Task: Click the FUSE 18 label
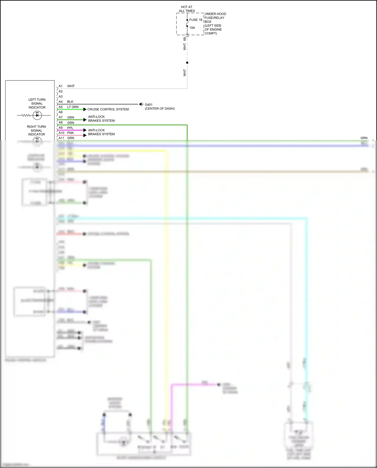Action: pyautogui.click(x=196, y=20)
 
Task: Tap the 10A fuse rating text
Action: pyautogui.click(x=192, y=28)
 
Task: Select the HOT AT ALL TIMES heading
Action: pyautogui.click(x=187, y=9)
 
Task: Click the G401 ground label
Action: pyautogui.click(x=149, y=105)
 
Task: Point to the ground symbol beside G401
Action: pyautogui.click(x=142, y=104)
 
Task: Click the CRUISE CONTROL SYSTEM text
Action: pyautogui.click(x=108, y=109)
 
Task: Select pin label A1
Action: pyautogui.click(x=61, y=86)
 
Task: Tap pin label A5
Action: pyautogui.click(x=61, y=107)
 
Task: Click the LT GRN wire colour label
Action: pyautogui.click(x=73, y=107)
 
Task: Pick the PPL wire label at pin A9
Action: pyautogui.click(x=70, y=128)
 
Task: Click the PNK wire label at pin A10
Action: pyautogui.click(x=70, y=133)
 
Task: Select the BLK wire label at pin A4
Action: pyautogui.click(x=70, y=102)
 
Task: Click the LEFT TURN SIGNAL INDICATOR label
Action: pyautogui.click(x=37, y=103)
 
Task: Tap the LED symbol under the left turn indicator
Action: pyautogui.click(x=37, y=115)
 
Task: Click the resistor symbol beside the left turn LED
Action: pyautogui.click(x=26, y=115)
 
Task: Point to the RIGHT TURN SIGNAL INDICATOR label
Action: pyautogui.click(x=36, y=130)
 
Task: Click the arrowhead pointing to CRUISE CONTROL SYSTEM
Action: pyautogui.click(x=85, y=109)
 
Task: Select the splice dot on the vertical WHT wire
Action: pyautogui.click(x=187, y=63)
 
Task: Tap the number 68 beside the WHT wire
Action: pyautogui.click(x=184, y=39)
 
